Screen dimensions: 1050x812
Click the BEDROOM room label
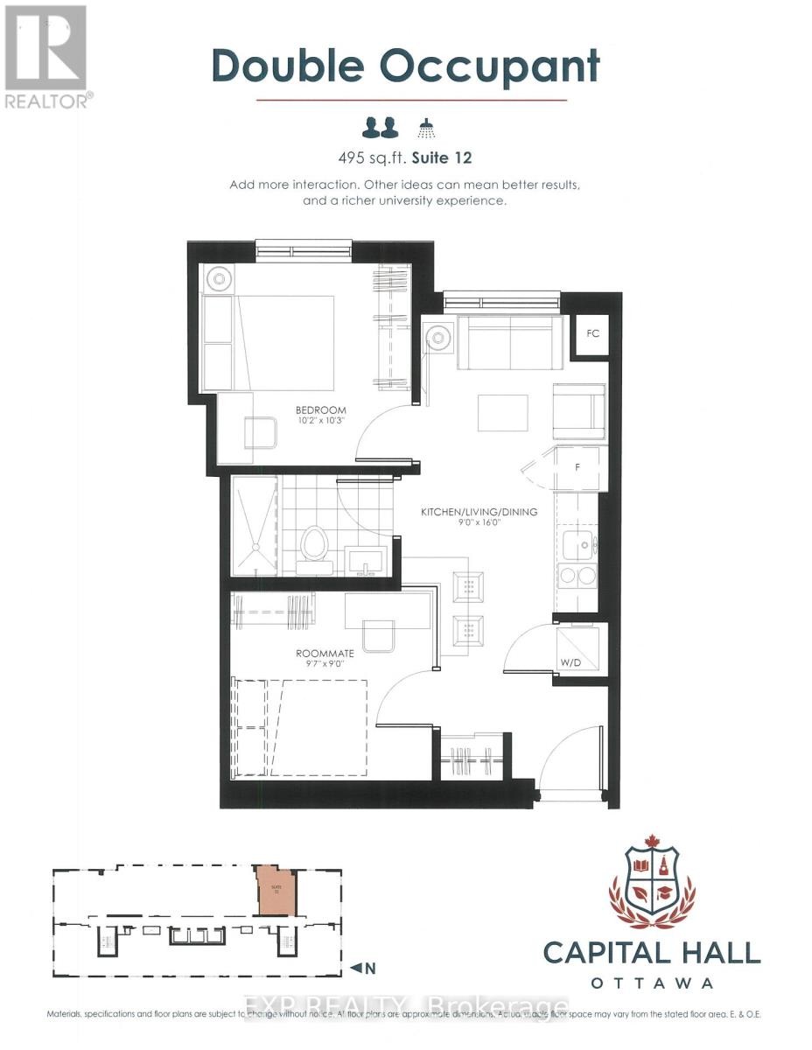[320, 409]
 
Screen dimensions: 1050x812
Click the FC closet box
[591, 334]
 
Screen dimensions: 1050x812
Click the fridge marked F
[577, 468]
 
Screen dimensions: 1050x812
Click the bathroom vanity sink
[367, 559]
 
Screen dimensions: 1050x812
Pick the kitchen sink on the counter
[578, 543]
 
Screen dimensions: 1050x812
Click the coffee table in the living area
[502, 413]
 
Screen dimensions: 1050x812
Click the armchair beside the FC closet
[579, 410]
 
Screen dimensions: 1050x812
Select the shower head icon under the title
[426, 128]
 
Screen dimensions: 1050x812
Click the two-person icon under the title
[381, 128]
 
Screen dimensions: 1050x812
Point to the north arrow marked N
[363, 968]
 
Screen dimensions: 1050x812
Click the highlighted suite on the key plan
[274, 892]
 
